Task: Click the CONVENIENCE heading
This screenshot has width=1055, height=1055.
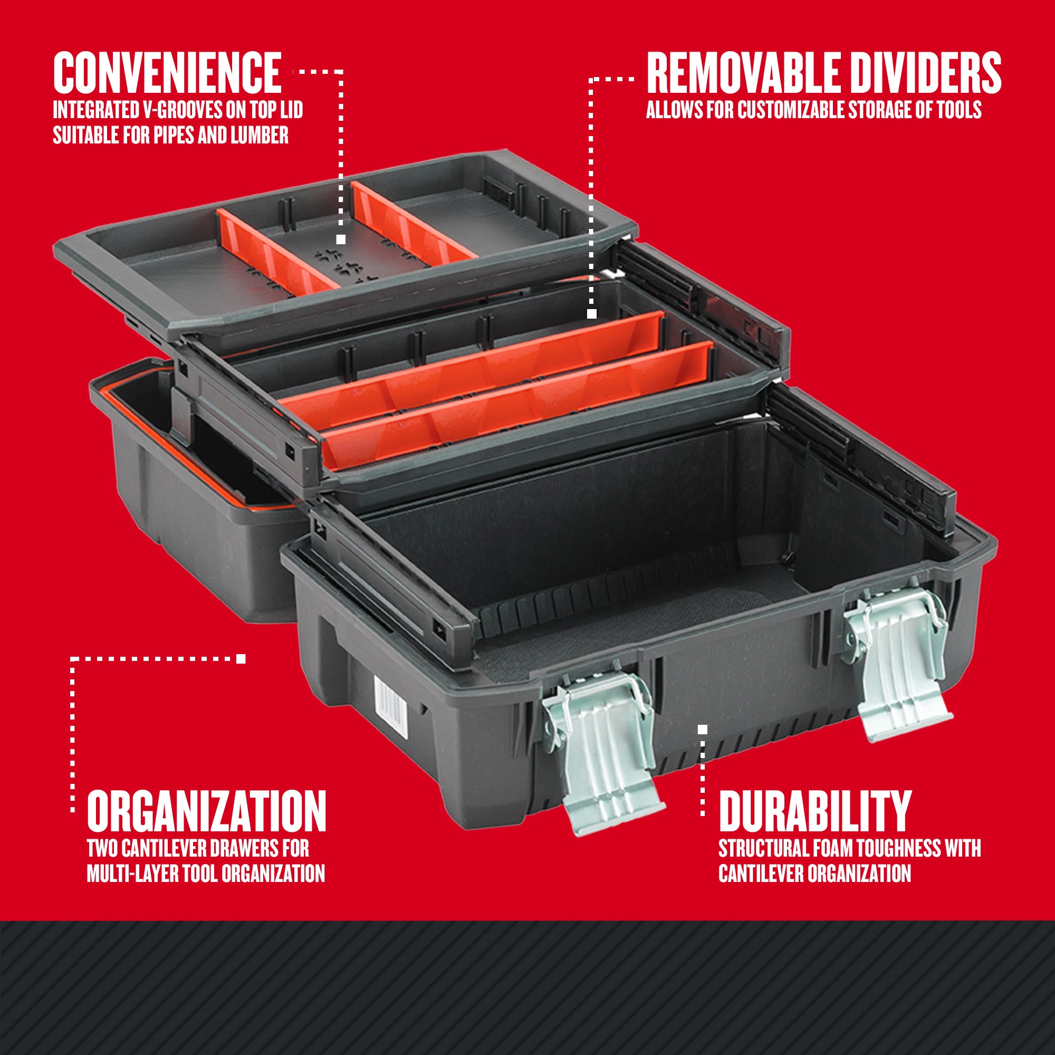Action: pyautogui.click(x=167, y=73)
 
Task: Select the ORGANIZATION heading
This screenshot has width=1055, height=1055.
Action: pyautogui.click(x=206, y=811)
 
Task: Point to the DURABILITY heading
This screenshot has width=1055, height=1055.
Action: pyautogui.click(x=815, y=811)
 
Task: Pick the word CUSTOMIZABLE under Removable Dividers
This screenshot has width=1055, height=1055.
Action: pyautogui.click(x=792, y=110)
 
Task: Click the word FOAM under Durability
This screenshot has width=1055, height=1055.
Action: pyautogui.click(x=832, y=848)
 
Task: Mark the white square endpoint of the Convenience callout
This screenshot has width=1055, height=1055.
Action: pyautogui.click(x=341, y=239)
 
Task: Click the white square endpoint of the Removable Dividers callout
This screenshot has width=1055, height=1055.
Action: pyautogui.click(x=592, y=313)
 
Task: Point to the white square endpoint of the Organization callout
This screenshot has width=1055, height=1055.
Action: pyautogui.click(x=241, y=658)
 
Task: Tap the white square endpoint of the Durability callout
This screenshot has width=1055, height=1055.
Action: pyautogui.click(x=703, y=729)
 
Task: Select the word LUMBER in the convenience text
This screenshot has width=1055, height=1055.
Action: pyautogui.click(x=260, y=135)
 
